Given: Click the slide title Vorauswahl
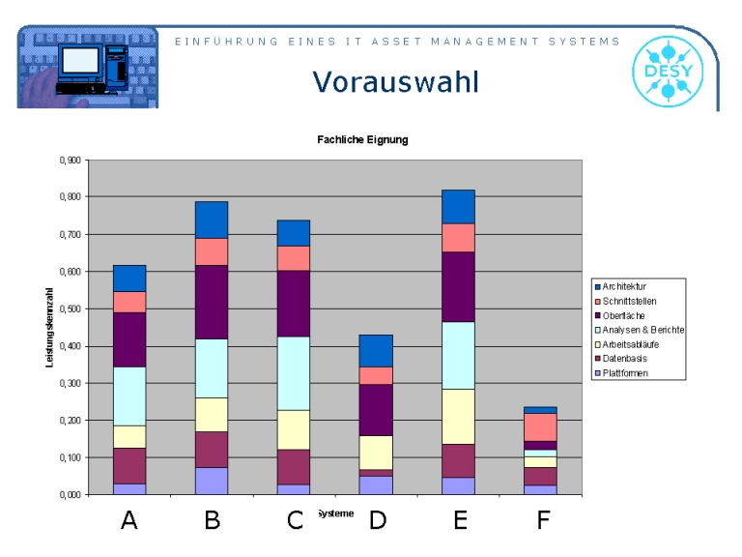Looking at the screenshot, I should pos(396,82).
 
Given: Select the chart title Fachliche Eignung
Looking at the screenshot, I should pos(362,140).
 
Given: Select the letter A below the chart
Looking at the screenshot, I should pos(128,521).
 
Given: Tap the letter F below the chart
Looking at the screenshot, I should pos(543,521).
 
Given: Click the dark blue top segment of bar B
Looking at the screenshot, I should pos(212,220).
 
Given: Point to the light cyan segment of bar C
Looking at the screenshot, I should pos(294,373).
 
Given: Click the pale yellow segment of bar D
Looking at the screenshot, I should pos(376,452).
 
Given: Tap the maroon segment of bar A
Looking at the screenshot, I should pos(128,465).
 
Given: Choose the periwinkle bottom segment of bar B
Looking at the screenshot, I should pos(212,481).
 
